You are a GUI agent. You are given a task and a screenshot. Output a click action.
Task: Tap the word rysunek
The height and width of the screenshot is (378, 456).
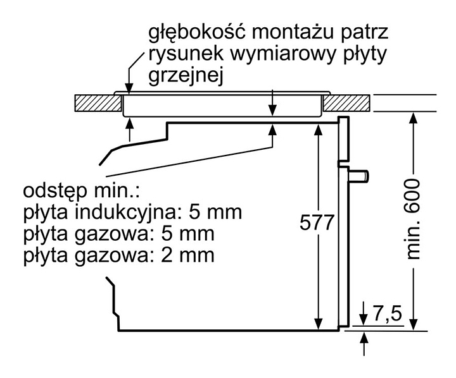click(x=182, y=54)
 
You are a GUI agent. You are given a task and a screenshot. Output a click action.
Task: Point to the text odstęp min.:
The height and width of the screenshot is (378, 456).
click(x=80, y=190)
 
